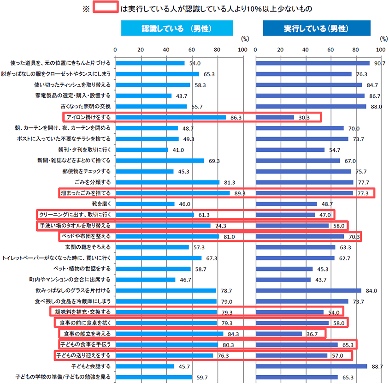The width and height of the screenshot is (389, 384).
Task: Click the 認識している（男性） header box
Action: (x=177, y=29)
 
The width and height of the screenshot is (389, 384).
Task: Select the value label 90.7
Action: (x=379, y=63)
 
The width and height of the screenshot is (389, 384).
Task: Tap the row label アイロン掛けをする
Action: (x=88, y=117)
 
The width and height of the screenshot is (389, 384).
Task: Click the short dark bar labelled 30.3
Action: (x=274, y=117)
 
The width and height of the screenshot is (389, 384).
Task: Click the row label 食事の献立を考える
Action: (x=84, y=334)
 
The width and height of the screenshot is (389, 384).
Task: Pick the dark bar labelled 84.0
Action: (x=308, y=290)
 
